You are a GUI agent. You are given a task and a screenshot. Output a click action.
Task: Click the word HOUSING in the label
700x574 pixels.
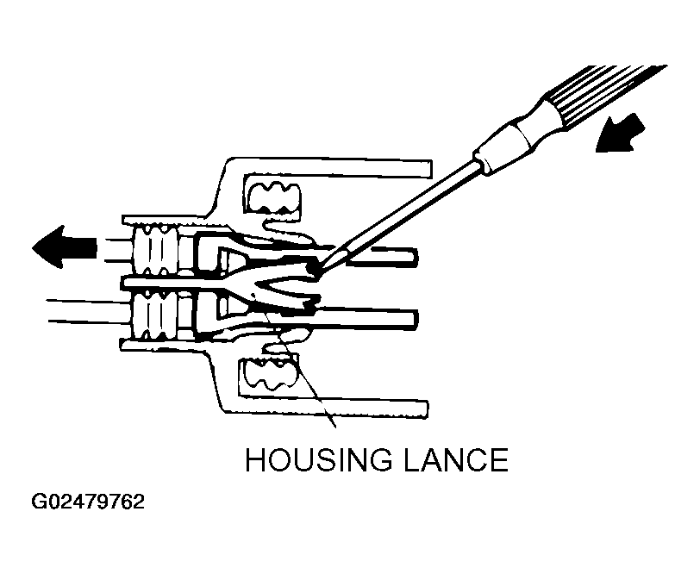click(x=319, y=459)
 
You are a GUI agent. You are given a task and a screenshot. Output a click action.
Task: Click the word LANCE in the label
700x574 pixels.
click(x=456, y=459)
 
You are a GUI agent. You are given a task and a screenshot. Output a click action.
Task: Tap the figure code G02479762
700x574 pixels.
click(x=88, y=502)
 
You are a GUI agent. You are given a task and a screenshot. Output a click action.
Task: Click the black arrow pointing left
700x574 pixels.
click(x=65, y=247)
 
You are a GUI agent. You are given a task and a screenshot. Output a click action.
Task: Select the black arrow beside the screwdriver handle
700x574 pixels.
click(x=620, y=133)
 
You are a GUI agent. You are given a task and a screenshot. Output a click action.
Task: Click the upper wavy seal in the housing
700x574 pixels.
click(x=273, y=197)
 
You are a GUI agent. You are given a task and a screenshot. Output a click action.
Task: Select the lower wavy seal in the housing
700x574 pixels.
click(x=267, y=373)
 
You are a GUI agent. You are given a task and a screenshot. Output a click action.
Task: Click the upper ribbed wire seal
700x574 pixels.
click(x=157, y=250)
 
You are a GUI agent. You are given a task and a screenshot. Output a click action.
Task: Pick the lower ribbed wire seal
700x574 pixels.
click(x=155, y=314)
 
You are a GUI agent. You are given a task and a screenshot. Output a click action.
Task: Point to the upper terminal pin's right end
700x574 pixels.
click(x=416, y=258)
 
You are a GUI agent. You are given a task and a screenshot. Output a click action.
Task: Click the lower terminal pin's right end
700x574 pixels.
click(x=415, y=319)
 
